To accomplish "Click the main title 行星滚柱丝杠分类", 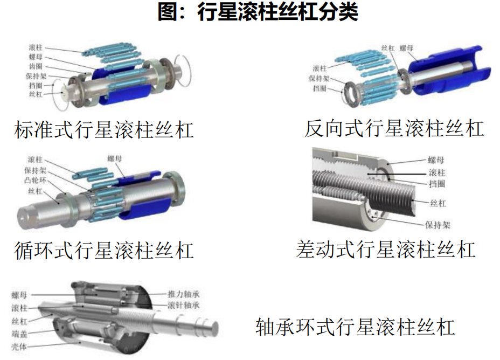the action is [277, 12].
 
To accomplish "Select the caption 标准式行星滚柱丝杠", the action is [104, 130].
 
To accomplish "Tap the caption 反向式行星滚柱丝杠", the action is [394, 128].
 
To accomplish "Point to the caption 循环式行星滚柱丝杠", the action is [104, 251].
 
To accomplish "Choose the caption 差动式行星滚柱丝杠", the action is [386, 249].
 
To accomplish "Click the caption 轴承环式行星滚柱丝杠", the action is [355, 327].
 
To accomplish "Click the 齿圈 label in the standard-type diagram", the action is [36, 66].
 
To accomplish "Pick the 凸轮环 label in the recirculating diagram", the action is [36, 180].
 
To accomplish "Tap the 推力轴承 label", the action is [184, 294].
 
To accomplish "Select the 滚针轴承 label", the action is [184, 305].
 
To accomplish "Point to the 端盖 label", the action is [19, 334].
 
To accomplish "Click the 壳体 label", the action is [19, 347].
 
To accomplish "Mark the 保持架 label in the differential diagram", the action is [438, 225].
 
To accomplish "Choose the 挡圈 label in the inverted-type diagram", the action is [320, 88].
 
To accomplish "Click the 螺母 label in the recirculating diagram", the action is [115, 158].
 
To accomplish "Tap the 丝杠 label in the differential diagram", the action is [438, 203].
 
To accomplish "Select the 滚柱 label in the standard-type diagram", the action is [36, 47].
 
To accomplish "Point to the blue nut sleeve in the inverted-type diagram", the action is [449, 72].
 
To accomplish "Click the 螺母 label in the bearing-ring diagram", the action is [19, 295].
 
